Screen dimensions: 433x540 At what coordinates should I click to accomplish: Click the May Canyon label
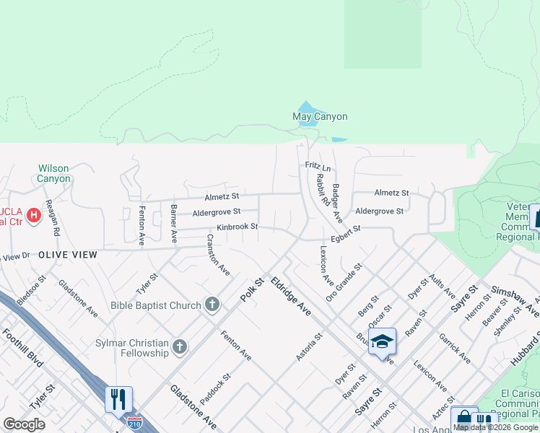320,116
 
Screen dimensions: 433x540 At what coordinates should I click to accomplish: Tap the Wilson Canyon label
54,173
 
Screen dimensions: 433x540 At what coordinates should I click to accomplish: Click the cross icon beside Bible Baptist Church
212,305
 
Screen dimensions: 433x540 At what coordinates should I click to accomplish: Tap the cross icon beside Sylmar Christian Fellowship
180,349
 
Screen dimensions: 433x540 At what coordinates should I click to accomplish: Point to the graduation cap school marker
383,342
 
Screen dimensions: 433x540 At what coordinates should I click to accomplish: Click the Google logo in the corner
24,424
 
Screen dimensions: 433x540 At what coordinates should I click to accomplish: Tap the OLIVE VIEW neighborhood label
67,255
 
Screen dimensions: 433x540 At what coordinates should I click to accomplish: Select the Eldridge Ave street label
291,297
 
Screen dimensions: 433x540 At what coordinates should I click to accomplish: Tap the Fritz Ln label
318,167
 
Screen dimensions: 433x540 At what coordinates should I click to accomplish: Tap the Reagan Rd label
51,219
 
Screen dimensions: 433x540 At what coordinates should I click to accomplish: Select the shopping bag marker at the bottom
463,419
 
